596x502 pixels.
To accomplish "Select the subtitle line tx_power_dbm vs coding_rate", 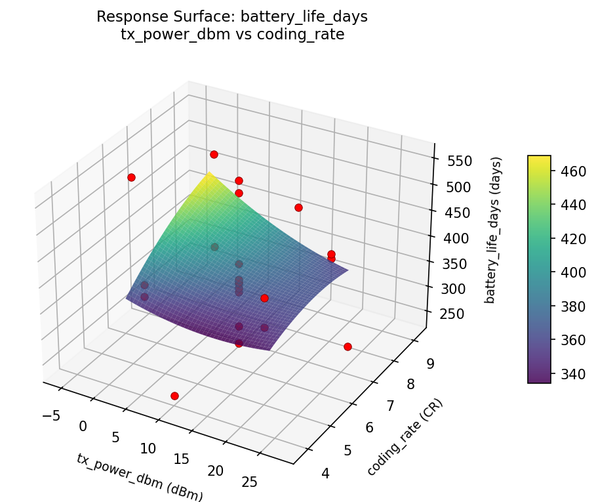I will (x=233, y=34).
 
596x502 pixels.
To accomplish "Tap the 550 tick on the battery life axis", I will (x=456, y=161).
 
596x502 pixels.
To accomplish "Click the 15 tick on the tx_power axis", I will (x=182, y=459).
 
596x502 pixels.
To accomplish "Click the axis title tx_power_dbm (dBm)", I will (x=140, y=478).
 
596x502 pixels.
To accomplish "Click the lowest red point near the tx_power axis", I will (x=174, y=396).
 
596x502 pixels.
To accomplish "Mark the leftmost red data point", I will (x=131, y=177).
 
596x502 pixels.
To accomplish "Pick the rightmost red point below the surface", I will (x=348, y=346).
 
